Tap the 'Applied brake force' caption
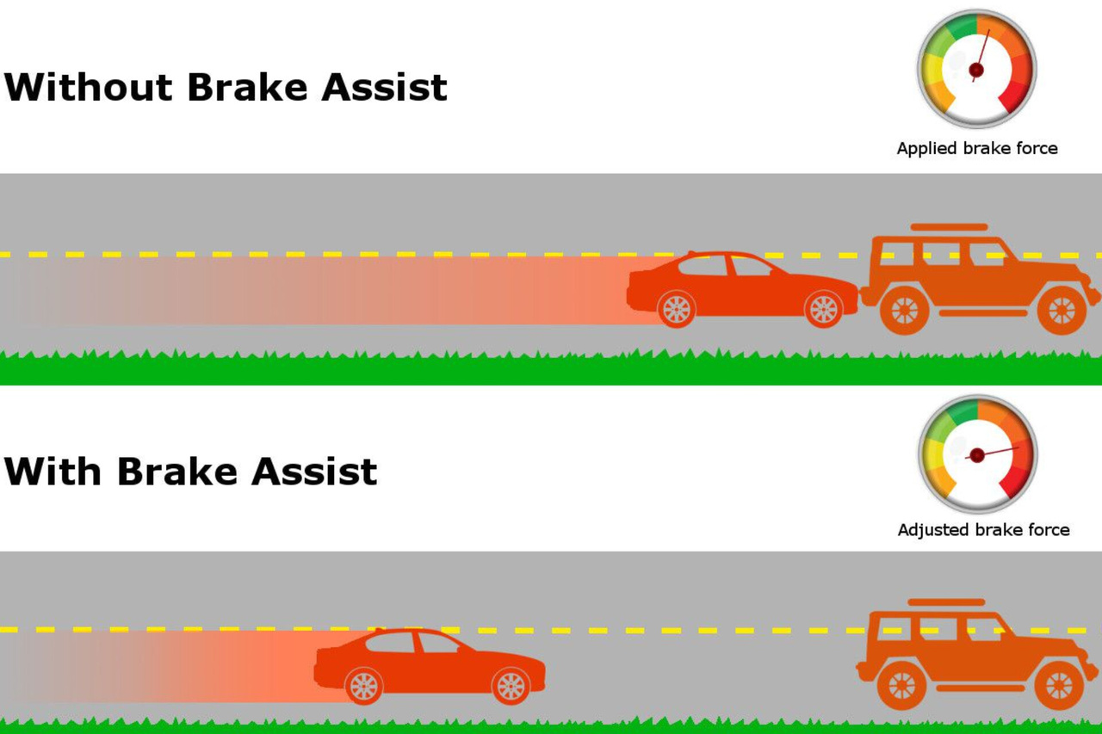point(977,148)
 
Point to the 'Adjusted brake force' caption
point(983,530)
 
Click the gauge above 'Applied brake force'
point(976,69)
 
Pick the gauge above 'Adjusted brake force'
point(977,454)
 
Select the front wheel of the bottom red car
point(511,686)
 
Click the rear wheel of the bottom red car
point(363,686)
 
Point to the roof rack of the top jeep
point(949,227)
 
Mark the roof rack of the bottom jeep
point(946,602)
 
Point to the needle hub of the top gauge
point(976,70)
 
